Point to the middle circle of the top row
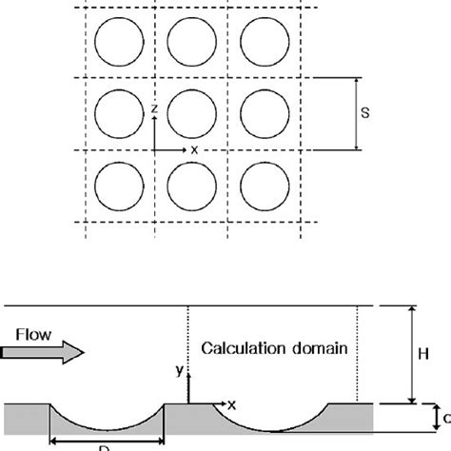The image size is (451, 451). pos(190,42)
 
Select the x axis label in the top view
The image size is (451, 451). pos(195,149)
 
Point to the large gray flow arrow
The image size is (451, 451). pos(44,354)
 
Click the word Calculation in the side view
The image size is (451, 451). pos(240,349)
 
